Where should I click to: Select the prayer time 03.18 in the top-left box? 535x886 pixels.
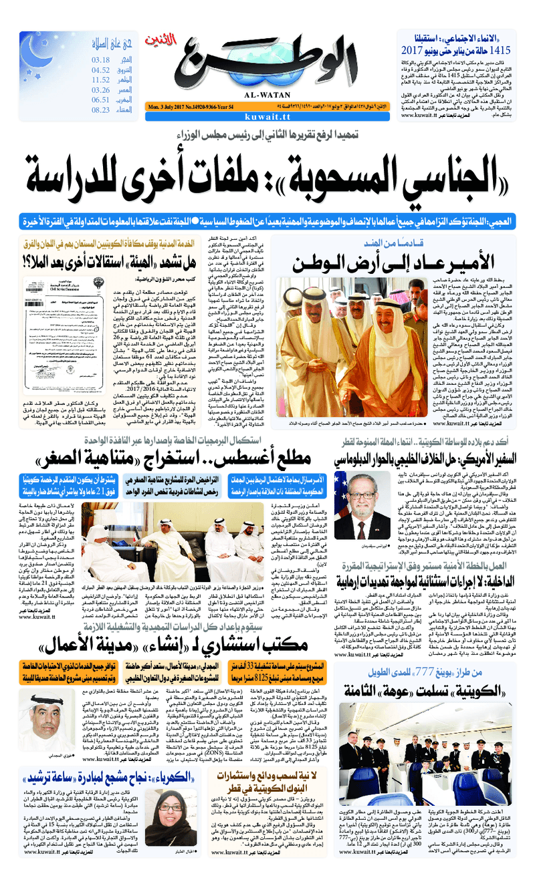pyautogui.click(x=101, y=60)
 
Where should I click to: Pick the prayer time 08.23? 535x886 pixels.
pyautogui.click(x=101, y=110)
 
